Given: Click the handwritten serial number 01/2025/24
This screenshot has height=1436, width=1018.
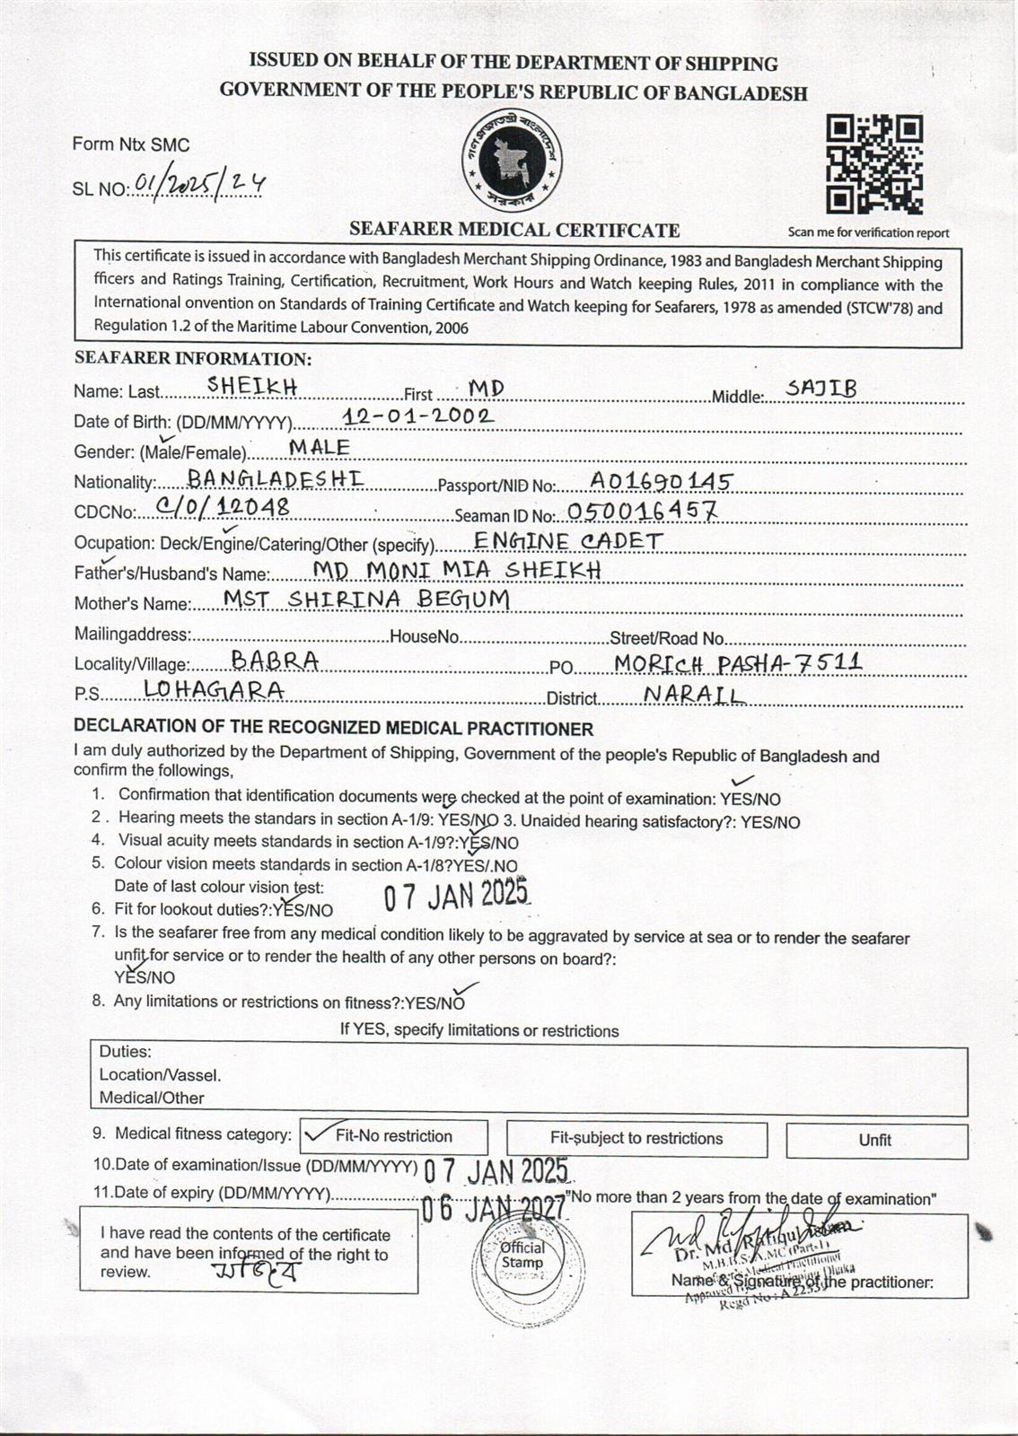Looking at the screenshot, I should pyautogui.click(x=198, y=185).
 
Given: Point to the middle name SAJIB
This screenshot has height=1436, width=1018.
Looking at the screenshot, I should pyautogui.click(x=821, y=388).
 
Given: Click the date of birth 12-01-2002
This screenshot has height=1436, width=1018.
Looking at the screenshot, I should pyautogui.click(x=418, y=416).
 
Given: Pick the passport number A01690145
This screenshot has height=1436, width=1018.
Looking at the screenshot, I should pyautogui.click(x=660, y=481).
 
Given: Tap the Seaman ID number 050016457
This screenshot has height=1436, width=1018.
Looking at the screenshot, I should pyautogui.click(x=642, y=512).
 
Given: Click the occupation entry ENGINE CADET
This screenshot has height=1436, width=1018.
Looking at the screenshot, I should pyautogui.click(x=568, y=540).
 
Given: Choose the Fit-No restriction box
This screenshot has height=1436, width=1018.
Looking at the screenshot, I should pyautogui.click(x=393, y=1136).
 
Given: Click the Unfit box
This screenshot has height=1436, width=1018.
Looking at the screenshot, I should pyautogui.click(x=875, y=1140).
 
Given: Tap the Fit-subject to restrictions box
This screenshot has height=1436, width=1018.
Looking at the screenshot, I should pyautogui.click(x=636, y=1138).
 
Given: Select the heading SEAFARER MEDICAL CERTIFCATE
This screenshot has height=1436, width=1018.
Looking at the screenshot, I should pyautogui.click(x=513, y=230).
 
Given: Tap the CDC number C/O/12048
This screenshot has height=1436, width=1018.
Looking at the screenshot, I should pyautogui.click(x=222, y=507).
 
